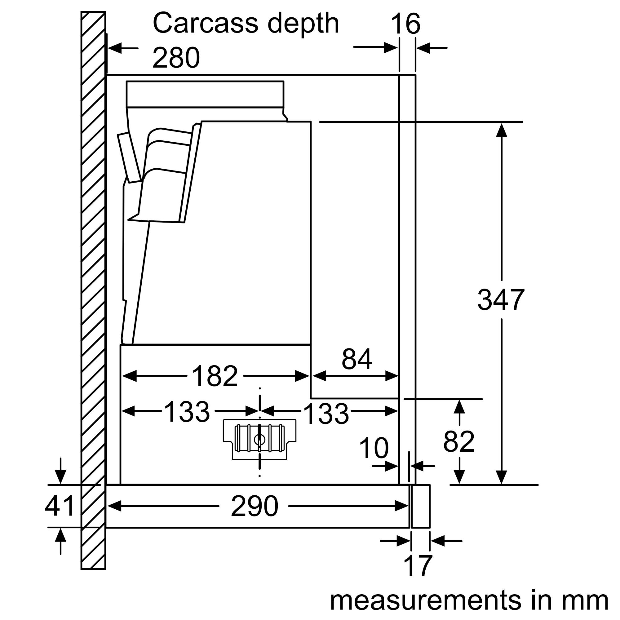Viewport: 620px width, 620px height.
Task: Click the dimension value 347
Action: (x=501, y=300)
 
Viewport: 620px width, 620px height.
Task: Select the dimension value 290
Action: (x=255, y=506)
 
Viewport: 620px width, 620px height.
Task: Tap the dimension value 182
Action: (x=215, y=376)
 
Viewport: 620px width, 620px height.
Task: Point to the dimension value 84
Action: (x=357, y=359)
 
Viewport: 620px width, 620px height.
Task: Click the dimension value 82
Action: (x=458, y=441)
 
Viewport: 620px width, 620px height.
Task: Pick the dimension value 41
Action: (x=60, y=506)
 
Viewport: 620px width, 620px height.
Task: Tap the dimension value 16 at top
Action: (x=405, y=24)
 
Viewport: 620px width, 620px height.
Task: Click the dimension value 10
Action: (x=374, y=448)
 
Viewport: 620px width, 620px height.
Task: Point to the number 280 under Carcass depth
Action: (x=176, y=58)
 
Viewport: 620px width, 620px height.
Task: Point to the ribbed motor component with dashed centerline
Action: (x=259, y=439)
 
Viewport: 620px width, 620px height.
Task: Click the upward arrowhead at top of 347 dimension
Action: (x=501, y=130)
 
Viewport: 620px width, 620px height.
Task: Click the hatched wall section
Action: (x=93, y=289)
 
